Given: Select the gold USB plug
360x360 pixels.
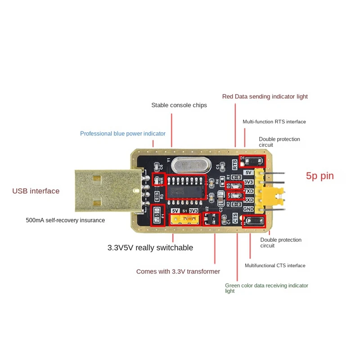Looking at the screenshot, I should [x=105, y=191].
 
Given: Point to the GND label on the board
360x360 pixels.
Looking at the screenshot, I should [x=249, y=209].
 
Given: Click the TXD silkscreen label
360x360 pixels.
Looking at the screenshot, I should [x=249, y=191].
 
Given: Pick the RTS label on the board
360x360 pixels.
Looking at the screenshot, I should [x=234, y=163].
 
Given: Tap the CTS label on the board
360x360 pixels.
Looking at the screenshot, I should [x=235, y=220].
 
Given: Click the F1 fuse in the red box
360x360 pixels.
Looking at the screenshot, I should [x=157, y=211].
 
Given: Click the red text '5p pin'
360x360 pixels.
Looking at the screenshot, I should [x=320, y=176].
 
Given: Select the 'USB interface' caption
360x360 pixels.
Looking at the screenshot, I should [x=36, y=191].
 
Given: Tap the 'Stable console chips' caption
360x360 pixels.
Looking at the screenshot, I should [x=179, y=105].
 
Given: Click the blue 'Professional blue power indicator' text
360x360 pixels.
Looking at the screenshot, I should [x=123, y=134].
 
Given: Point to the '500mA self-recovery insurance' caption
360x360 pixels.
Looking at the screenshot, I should [x=65, y=220].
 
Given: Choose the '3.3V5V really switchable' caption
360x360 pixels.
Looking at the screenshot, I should [x=150, y=248].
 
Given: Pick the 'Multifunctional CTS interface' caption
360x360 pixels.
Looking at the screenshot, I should [x=275, y=265].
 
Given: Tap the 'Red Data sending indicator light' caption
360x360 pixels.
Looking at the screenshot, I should [x=265, y=97].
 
